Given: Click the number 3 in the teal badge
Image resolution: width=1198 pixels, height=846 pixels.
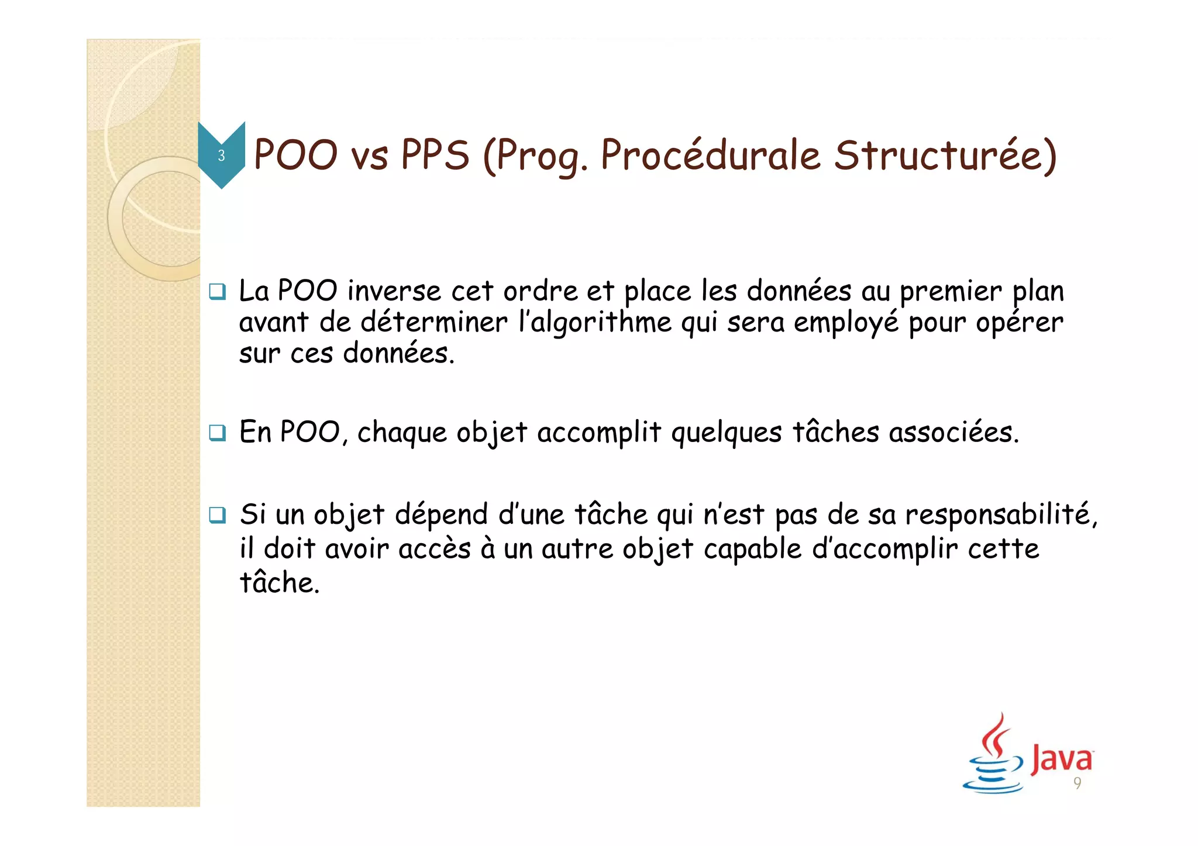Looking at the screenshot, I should coord(221,156).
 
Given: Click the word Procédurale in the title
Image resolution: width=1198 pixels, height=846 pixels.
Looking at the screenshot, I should coord(711,156).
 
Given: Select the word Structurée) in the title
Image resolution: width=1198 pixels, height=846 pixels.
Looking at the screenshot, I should coord(945,156).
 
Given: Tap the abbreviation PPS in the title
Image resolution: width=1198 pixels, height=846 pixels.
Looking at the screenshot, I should coord(435,156).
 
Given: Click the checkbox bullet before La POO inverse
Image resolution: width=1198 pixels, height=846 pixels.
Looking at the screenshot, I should coord(217,291).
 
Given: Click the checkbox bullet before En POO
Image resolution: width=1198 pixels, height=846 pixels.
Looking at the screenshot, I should coord(217,433).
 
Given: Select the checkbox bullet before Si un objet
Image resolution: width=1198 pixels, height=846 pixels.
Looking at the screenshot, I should coord(217,515).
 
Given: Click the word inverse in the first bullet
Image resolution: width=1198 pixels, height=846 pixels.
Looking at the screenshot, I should coord(394,291).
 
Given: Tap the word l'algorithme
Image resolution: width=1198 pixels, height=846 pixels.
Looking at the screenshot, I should coord(595,323).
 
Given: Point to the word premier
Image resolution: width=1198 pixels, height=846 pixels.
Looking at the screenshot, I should coord(951,291).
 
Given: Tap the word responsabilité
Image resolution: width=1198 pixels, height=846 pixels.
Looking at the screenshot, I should coord(1001,516).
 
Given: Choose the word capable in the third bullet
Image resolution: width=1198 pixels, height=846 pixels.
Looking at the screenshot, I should coord(752,550).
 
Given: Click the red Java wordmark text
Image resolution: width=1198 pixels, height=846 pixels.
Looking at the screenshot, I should coord(1061,759).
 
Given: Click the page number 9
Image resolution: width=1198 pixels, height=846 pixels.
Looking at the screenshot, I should coord(1077,783).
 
